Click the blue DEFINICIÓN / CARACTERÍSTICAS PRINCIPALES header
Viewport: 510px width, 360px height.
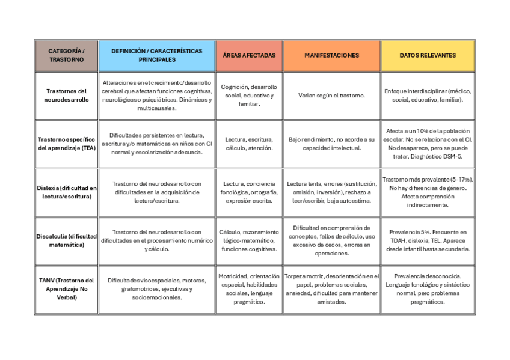coord(156,55)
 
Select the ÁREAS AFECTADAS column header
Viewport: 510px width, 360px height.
coord(249,55)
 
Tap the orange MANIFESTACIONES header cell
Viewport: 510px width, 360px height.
coord(331,55)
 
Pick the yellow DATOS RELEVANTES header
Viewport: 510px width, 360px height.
coord(428,55)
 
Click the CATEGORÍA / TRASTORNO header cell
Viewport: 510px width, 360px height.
coord(66,55)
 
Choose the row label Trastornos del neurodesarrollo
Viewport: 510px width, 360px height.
coord(66,95)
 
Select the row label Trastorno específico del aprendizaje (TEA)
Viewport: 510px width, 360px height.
coord(66,144)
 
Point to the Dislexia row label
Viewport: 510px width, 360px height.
coord(66,192)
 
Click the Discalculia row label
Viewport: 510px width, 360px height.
coord(66,240)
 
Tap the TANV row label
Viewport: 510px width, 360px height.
coord(66,288)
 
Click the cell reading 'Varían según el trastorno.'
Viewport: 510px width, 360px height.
coord(331,95)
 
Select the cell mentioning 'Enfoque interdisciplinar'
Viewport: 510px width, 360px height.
coord(428,95)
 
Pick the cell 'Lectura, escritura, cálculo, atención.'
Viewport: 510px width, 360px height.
coord(249,144)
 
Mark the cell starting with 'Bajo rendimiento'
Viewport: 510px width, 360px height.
coord(331,144)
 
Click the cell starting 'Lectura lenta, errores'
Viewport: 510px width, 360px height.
coord(331,192)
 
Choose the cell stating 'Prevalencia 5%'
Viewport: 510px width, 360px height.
coord(428,240)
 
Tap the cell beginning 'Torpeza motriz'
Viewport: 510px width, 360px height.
coord(331,288)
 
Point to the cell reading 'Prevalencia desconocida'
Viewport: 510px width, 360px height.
coord(428,288)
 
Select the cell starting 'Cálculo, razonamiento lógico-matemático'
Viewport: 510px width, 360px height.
coord(249,240)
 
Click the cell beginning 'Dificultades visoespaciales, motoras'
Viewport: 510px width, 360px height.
coord(156,288)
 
